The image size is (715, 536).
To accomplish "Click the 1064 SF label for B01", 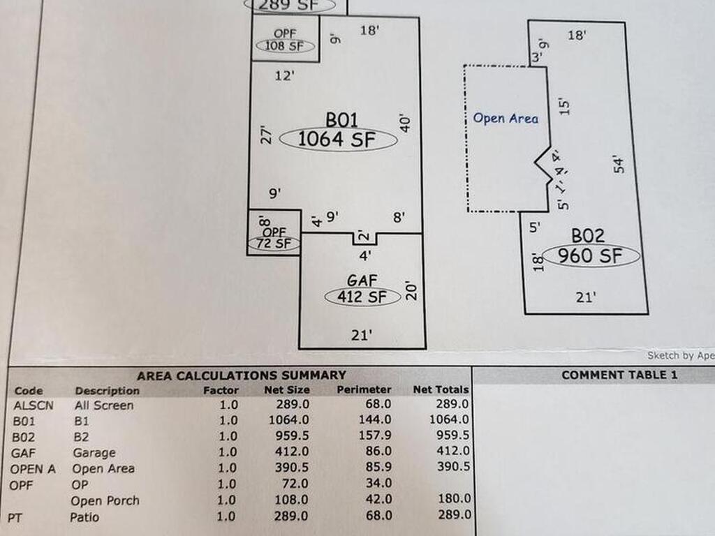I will pos(338,140).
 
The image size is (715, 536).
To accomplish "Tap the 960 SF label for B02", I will pos(591,255).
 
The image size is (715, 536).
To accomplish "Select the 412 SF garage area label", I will pos(362,297).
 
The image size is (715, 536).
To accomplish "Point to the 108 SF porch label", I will pos(285,46).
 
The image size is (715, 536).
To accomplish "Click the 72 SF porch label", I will pos(274,244).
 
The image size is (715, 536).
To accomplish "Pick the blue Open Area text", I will pos(506,119).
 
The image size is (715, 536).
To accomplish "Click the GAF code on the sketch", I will pos(362,281).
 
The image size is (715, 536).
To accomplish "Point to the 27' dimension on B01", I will pos(265,134).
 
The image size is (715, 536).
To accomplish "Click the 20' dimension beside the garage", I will pos(411,290).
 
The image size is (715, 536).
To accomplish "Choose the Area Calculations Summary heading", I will pos(241,375).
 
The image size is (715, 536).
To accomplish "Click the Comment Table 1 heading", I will pos(619,375).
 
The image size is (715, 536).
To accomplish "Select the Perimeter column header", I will pos(364,389).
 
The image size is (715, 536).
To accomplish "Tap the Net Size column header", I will pos(287,389).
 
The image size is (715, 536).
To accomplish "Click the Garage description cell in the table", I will pos(94,453).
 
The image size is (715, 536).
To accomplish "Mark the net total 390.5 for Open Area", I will pos(453,467).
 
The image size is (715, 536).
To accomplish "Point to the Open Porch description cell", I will pos(105,500).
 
